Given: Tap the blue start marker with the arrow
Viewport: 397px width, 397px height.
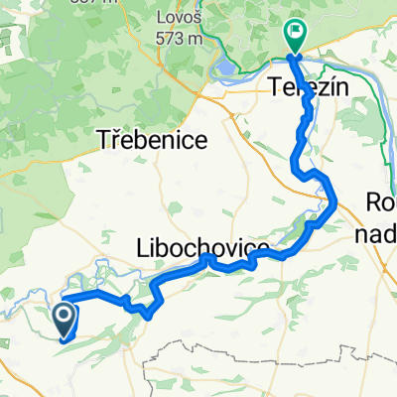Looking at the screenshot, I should coord(63,320).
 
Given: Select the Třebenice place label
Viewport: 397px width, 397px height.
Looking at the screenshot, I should coord(153,140).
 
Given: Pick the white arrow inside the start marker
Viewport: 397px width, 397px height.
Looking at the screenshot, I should coord(63,318).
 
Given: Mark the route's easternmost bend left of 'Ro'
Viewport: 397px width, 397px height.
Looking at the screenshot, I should coord(334,205).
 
